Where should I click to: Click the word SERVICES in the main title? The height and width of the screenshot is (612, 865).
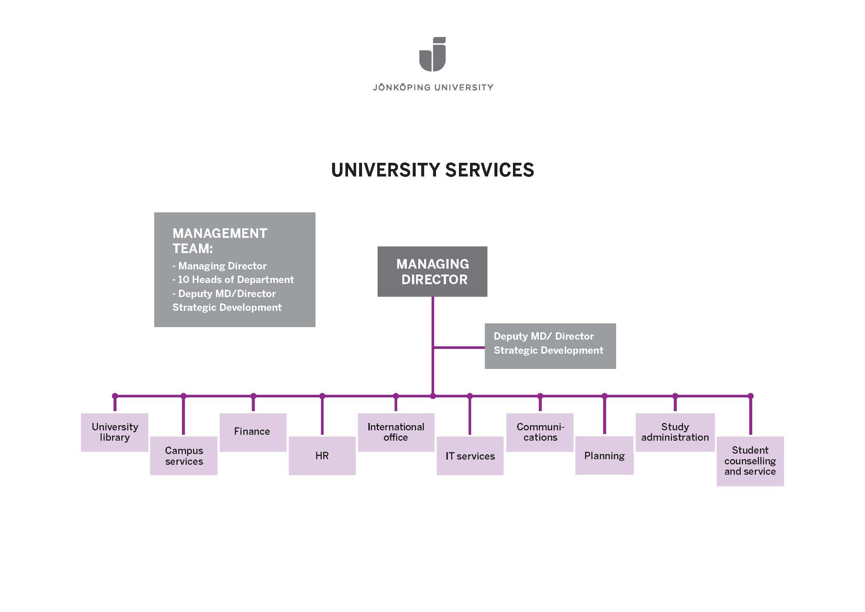click(x=489, y=170)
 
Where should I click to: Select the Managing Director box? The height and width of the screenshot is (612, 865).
click(x=432, y=271)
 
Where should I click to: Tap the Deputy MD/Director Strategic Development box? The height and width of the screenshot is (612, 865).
click(x=550, y=346)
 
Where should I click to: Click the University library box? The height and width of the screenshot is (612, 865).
click(x=115, y=432)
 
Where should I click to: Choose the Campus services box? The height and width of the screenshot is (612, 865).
click(x=184, y=455)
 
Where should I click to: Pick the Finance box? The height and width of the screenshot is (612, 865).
click(x=253, y=432)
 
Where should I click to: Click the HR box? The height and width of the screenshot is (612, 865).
click(x=322, y=455)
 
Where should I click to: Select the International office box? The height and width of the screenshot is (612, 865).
click(x=396, y=432)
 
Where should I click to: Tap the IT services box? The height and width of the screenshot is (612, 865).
click(x=470, y=455)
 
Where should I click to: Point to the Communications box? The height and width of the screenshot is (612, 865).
click(x=540, y=432)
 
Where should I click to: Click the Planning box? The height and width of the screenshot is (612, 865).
click(x=604, y=455)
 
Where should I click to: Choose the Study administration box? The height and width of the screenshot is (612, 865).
click(x=675, y=432)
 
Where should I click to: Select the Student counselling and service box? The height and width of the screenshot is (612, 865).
click(x=750, y=461)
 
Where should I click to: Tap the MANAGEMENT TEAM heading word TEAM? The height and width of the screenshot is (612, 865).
click(x=193, y=249)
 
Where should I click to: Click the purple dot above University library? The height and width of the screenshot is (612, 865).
click(x=115, y=396)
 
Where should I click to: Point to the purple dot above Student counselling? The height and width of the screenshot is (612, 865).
click(x=750, y=396)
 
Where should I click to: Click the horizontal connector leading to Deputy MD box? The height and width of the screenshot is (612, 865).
click(x=459, y=347)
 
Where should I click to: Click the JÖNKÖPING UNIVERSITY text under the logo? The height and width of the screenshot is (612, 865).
click(x=433, y=87)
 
